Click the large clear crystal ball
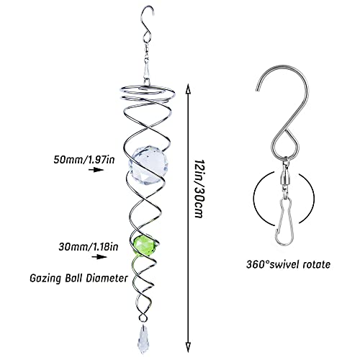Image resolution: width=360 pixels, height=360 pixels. [146, 166]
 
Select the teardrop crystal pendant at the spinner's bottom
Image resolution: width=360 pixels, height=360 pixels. [143, 339]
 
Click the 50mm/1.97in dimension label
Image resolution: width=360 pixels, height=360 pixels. [84, 160]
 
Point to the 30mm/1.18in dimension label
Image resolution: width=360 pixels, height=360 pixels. [89, 246]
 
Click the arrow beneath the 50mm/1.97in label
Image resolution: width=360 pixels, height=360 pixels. [96, 170]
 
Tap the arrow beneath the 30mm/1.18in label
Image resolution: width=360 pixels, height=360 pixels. [99, 257]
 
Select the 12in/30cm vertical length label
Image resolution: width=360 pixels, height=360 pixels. [199, 189]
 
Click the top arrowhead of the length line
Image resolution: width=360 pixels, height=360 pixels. [189, 89]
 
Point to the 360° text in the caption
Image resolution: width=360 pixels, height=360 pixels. [258, 264]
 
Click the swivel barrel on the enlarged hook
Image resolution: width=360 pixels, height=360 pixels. [285, 179]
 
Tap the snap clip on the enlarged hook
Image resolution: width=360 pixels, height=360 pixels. [284, 222]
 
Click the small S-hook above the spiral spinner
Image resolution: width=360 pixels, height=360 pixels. [147, 27]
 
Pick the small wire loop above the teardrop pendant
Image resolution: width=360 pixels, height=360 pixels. [143, 318]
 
